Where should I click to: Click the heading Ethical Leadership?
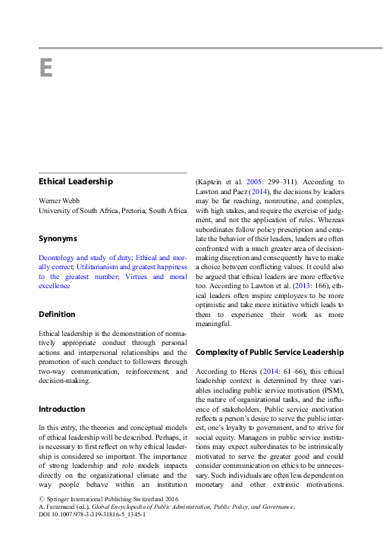click(x=76, y=182)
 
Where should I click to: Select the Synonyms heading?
click(x=58, y=238)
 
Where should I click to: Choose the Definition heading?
click(x=57, y=314)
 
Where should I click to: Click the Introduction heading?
click(x=62, y=409)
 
